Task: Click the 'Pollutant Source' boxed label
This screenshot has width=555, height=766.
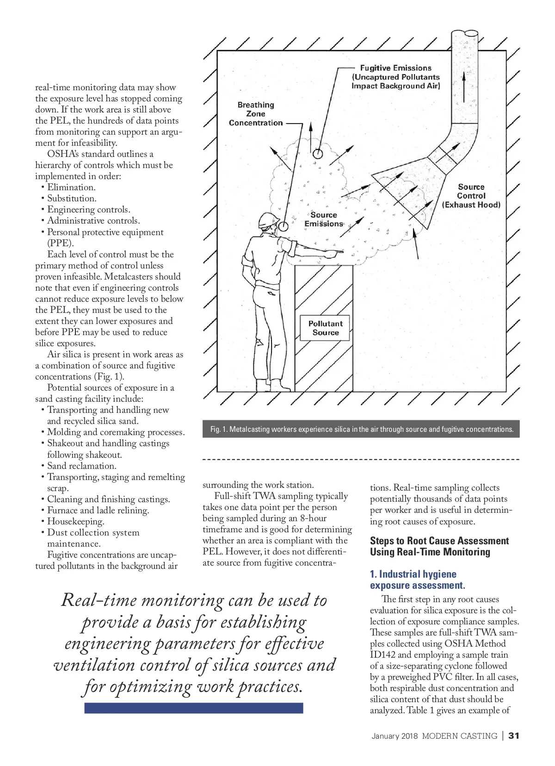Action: (x=325, y=328)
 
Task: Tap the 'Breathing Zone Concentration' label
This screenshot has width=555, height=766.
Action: (x=256, y=114)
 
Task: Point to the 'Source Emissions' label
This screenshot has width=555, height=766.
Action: (x=324, y=219)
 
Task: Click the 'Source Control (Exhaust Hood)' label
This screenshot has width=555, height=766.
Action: (x=471, y=196)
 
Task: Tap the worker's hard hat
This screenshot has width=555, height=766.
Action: (x=268, y=219)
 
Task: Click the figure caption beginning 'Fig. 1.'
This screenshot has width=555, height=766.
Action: (x=361, y=429)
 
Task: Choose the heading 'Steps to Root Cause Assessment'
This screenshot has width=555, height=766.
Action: (x=439, y=541)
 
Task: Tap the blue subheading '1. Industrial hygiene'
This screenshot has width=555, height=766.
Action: (x=413, y=574)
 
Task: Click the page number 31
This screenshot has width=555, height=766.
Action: (x=514, y=736)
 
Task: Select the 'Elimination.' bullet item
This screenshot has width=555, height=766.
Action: (x=71, y=187)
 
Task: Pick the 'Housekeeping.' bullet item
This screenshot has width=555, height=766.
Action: (x=75, y=522)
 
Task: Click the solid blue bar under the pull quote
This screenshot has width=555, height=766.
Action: (x=193, y=708)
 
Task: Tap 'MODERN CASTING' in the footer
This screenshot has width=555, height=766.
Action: (x=459, y=736)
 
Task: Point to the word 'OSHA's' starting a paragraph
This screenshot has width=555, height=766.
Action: (x=63, y=154)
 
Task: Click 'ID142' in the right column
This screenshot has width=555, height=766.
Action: (x=382, y=655)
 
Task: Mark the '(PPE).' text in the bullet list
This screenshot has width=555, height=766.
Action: (x=60, y=243)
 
